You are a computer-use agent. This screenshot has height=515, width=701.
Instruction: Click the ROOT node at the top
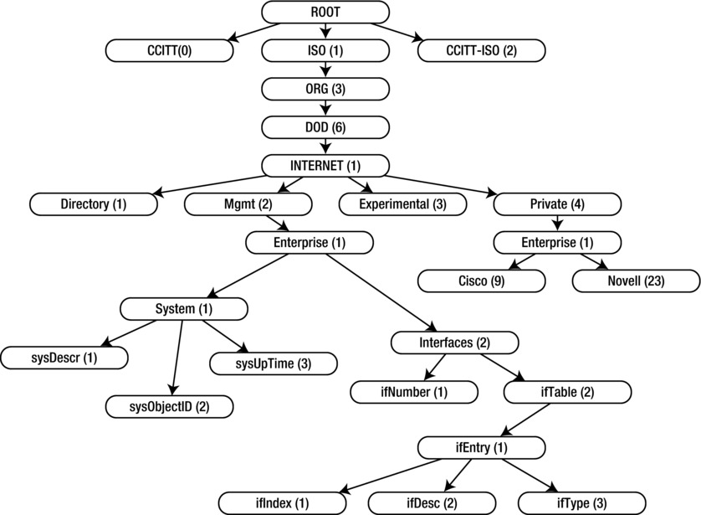tap(325, 13)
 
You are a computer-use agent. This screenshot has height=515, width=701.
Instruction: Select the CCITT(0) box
tap(169, 50)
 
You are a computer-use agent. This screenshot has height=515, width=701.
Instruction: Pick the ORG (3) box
tap(325, 88)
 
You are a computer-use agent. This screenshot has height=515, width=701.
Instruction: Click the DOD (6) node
tap(325, 126)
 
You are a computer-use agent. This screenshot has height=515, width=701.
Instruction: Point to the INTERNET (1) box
tap(325, 165)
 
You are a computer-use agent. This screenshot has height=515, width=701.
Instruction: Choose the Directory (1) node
tap(93, 203)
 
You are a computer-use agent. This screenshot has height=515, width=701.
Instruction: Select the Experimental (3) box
tap(401, 203)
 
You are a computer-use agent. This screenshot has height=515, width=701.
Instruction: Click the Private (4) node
tap(556, 203)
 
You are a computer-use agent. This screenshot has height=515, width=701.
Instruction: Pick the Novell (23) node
tap(636, 281)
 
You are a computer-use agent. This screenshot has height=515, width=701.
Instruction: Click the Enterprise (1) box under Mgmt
tap(310, 242)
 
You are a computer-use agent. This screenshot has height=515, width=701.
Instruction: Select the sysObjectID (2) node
tap(169, 407)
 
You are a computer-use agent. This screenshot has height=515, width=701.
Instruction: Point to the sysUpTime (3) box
tap(273, 363)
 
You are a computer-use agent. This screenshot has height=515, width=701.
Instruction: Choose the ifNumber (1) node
tap(413, 390)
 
